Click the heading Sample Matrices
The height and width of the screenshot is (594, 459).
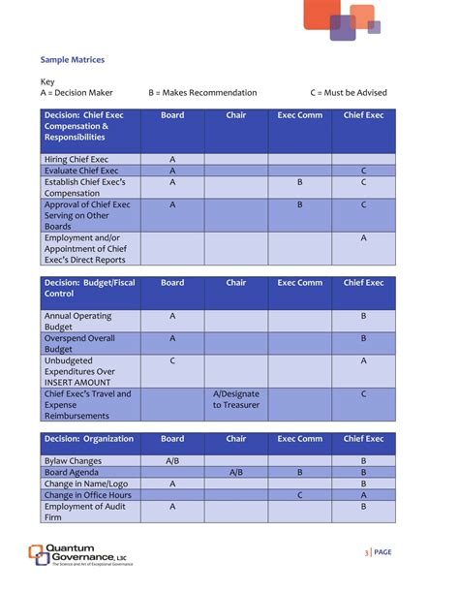pos(73,60)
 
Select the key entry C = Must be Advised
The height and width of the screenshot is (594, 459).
pos(349,93)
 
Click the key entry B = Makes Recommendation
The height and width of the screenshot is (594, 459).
pos(203,93)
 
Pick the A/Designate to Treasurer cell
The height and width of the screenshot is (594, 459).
pos(236,399)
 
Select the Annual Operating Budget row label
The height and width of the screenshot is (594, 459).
pos(77,322)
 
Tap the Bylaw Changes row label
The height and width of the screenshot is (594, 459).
pos(73,461)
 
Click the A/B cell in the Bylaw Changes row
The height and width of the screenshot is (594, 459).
pos(172,461)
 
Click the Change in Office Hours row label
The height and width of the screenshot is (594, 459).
pos(87,494)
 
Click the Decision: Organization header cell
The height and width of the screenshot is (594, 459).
pos(89,439)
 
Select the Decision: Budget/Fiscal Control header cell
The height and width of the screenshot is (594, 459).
pos(90,288)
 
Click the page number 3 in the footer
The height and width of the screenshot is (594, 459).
pos(367,552)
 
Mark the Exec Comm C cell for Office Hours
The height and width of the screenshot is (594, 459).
pos(300,494)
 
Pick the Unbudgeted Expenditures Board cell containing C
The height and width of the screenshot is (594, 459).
pos(172,360)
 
